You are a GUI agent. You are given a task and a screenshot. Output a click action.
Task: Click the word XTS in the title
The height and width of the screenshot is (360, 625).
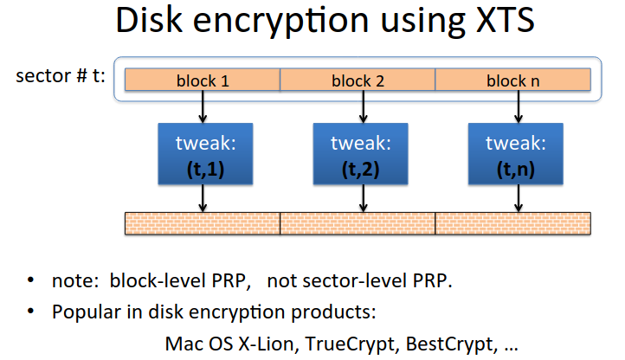click(505, 20)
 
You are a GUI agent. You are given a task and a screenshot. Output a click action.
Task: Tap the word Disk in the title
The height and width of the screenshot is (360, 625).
click(149, 20)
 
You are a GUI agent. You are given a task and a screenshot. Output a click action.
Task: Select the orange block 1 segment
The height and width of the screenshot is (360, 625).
click(203, 80)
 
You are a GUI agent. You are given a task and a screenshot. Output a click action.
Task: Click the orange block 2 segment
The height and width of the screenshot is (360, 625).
click(358, 80)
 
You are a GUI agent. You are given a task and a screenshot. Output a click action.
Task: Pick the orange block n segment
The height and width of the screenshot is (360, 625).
click(513, 80)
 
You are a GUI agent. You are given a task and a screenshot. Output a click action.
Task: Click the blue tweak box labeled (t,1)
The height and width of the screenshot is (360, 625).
click(205, 154)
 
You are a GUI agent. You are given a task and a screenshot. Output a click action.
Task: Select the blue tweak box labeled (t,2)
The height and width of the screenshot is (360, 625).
click(360, 154)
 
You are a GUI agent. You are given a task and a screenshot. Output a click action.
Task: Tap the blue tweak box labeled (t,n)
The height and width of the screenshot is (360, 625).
click(515, 154)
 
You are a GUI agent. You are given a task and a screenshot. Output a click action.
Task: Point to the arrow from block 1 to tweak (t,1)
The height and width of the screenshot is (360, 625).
click(203, 106)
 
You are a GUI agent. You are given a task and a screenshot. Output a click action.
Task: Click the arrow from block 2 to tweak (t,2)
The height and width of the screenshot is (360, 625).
click(363, 106)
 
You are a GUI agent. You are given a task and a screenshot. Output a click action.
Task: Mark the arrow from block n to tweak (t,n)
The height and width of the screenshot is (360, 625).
click(519, 106)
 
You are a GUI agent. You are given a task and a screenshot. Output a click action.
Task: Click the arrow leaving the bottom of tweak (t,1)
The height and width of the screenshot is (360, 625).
click(203, 198)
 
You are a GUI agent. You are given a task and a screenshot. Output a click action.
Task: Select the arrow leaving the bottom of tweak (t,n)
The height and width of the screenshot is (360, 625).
click(519, 198)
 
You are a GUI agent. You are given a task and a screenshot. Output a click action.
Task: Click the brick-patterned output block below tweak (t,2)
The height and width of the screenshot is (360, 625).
click(358, 223)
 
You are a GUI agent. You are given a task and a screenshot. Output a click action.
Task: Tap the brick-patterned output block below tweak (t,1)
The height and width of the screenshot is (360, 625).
click(203, 223)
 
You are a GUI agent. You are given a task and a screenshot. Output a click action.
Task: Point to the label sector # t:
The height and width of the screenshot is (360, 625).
click(61, 76)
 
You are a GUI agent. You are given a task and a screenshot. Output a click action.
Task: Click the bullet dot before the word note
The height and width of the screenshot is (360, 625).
click(30, 280)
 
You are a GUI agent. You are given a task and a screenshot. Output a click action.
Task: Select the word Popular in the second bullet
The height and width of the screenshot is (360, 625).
click(86, 312)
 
